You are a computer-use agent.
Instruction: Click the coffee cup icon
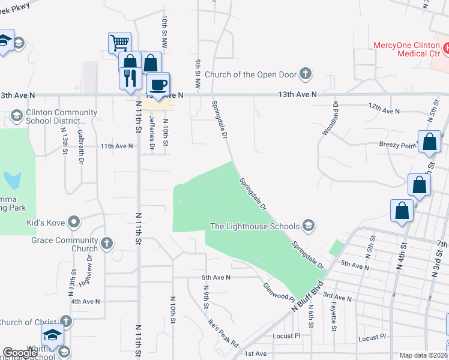coord(158,83)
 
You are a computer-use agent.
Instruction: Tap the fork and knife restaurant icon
coord(130,77)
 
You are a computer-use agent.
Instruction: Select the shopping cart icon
coord(119,43)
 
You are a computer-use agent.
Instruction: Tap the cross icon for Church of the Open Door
coord(306,74)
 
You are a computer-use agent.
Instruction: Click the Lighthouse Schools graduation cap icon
coord(309,226)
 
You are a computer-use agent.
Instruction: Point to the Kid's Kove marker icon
coord(74,223)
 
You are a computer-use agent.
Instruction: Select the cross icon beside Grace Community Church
coord(106,244)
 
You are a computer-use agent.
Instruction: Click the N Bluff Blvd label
coord(307,295)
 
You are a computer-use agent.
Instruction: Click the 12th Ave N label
coord(384,111)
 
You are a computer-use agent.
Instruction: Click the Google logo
coord(20,353)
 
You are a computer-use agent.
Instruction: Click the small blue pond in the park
coord(12,179)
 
